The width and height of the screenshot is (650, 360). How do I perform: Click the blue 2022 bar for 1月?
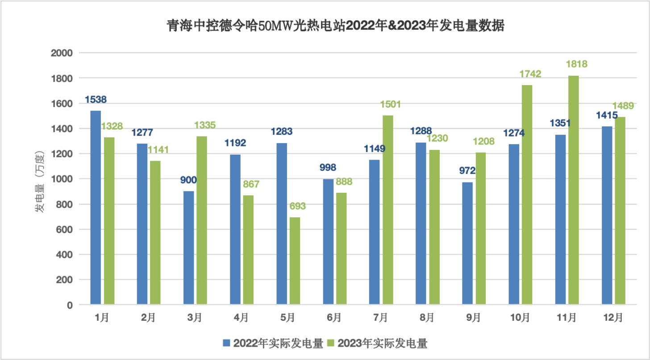pyautogui.click(x=96, y=207)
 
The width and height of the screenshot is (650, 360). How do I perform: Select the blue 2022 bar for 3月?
pyautogui.click(x=188, y=248)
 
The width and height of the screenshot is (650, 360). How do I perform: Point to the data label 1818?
pyautogui.click(x=576, y=64)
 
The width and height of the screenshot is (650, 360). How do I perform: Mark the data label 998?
pyautogui.click(x=328, y=167)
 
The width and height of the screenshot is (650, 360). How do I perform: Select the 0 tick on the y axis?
pyautogui.click(x=69, y=305)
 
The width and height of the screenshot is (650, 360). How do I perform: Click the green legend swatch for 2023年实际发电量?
pyautogui.click(x=331, y=343)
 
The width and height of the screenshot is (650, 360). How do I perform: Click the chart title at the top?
pyautogui.click(x=335, y=26)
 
